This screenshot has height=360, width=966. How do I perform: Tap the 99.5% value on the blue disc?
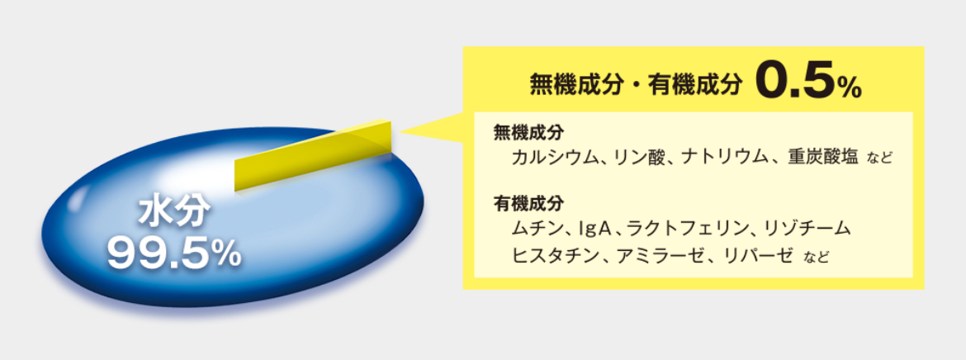click(173, 253)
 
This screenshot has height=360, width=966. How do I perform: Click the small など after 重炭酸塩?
click(880, 159)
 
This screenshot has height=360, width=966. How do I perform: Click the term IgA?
click(591, 230)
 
